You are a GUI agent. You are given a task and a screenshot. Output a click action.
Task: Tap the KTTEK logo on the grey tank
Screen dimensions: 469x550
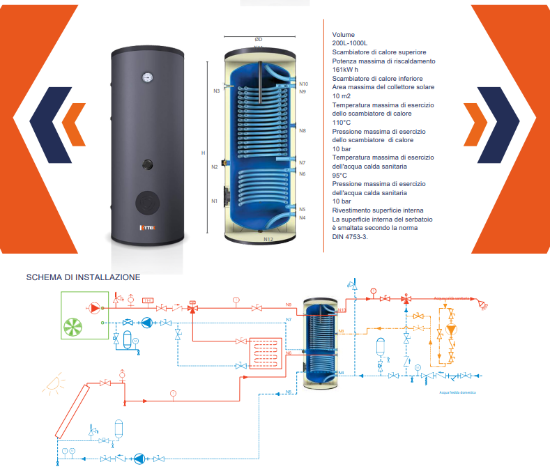[x=146, y=227]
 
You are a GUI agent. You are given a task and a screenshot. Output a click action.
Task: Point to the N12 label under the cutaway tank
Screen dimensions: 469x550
[x=268, y=239]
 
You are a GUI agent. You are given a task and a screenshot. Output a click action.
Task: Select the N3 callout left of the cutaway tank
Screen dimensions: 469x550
[x=217, y=91]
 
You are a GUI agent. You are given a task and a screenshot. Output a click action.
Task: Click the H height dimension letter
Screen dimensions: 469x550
[x=203, y=153]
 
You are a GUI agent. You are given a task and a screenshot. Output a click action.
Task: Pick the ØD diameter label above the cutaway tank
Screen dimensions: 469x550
[x=258, y=40]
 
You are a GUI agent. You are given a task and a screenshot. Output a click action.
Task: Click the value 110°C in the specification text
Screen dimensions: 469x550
[x=342, y=122]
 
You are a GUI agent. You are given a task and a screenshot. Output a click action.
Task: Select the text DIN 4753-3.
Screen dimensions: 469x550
[x=350, y=236]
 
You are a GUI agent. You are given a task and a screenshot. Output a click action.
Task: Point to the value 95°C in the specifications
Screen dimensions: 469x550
[x=339, y=175]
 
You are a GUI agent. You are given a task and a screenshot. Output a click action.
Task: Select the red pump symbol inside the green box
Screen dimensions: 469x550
[x=93, y=307]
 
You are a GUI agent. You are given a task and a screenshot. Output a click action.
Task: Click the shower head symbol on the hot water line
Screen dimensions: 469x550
[x=482, y=303]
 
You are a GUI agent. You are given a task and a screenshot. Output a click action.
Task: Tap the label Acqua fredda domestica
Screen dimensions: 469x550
[x=457, y=393]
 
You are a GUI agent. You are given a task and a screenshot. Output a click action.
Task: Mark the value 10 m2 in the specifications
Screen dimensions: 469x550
[x=341, y=95]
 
